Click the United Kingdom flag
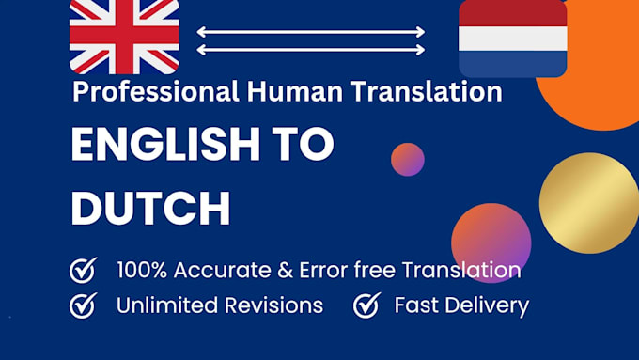pyautogui.click(x=124, y=36)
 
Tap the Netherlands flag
pyautogui.click(x=512, y=38)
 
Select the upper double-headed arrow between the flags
pyautogui.click(x=311, y=32)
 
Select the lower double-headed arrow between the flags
pyautogui.click(x=311, y=51)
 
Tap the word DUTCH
pyautogui.click(x=151, y=209)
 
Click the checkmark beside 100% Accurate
pyautogui.click(x=84, y=271)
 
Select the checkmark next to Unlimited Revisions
pyautogui.click(x=84, y=305)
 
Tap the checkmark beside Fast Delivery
pyautogui.click(x=366, y=305)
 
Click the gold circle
pyautogui.click(x=588, y=202)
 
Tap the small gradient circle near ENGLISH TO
pyautogui.click(x=407, y=160)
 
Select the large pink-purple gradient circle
pyautogui.click(x=491, y=243)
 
